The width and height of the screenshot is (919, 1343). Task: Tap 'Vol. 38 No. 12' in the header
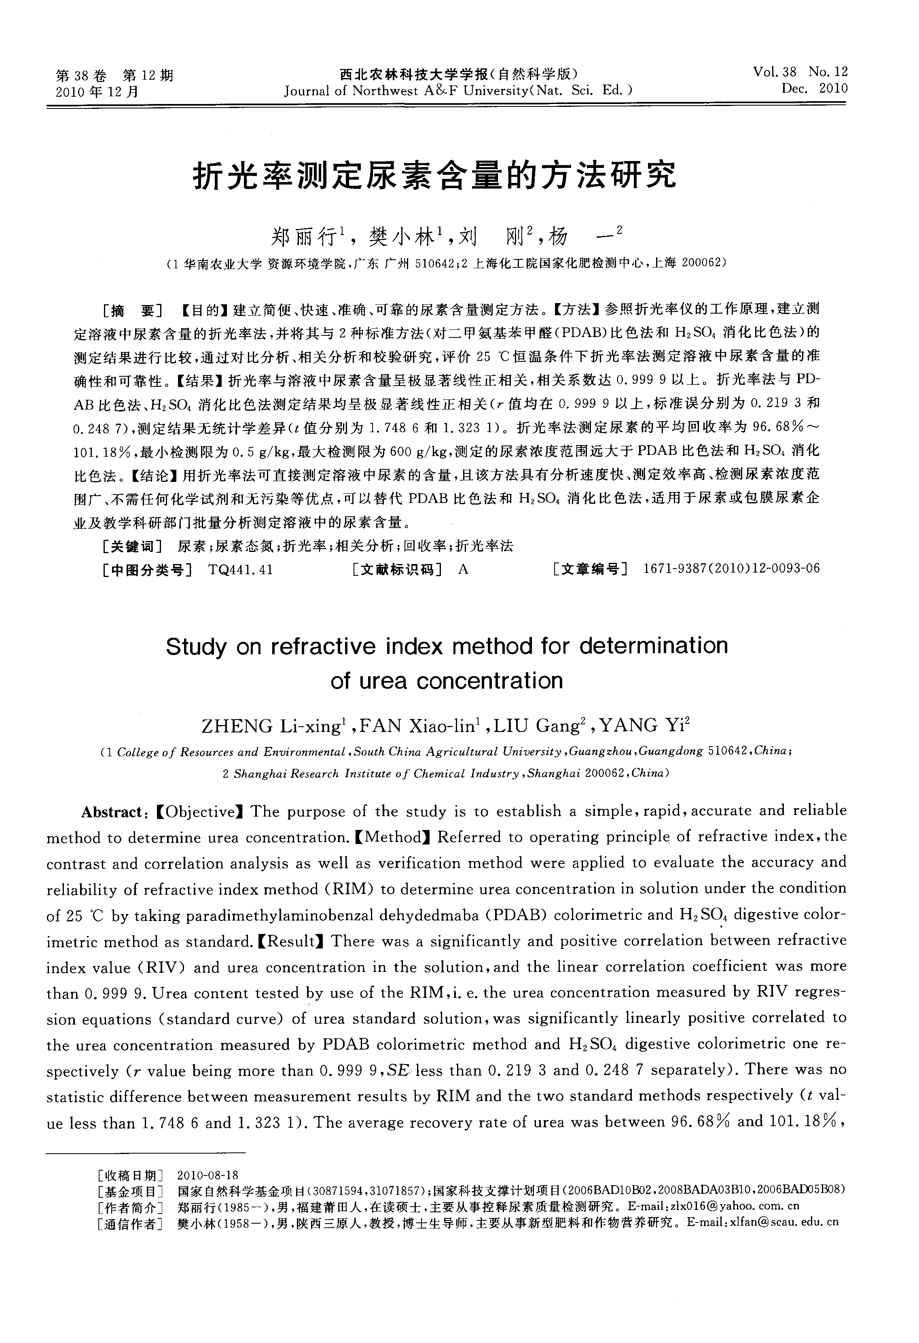(800, 72)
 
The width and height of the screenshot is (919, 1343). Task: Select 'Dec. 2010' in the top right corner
(815, 89)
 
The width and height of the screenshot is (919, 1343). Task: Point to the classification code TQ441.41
(240, 570)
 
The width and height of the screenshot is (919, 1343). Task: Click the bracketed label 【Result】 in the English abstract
(291, 941)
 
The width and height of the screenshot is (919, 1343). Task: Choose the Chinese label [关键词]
(131, 546)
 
